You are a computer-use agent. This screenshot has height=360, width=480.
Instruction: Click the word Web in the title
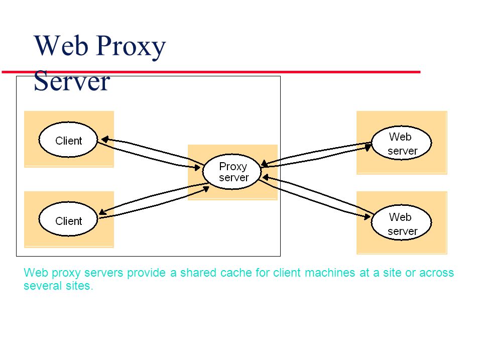[61, 45]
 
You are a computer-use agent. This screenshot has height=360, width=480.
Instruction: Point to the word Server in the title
[72, 81]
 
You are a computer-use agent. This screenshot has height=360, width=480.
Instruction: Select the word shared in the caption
[198, 273]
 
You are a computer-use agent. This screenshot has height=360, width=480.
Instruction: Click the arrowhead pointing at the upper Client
[105, 140]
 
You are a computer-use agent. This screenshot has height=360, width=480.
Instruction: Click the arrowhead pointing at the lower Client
[102, 211]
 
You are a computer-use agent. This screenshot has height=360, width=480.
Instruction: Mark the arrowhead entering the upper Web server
[368, 147]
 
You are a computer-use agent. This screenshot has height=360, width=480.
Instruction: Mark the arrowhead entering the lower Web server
[367, 217]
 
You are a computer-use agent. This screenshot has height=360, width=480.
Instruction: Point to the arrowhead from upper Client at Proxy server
[197, 168]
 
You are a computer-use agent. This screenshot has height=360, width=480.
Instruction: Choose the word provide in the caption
[146, 273]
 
